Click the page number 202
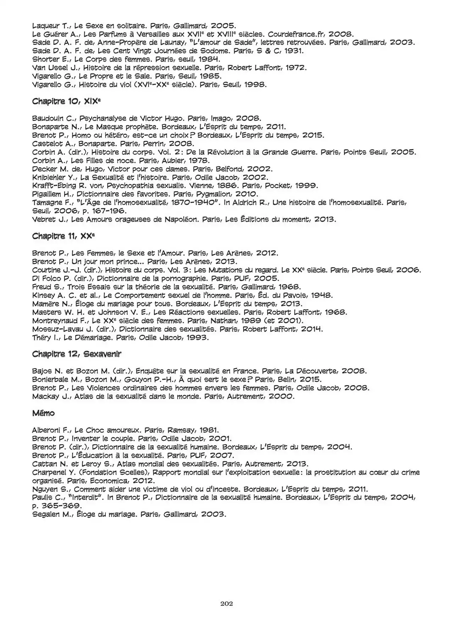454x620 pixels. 226,603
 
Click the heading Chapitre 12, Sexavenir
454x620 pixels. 77,354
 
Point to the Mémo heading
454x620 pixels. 43,413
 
